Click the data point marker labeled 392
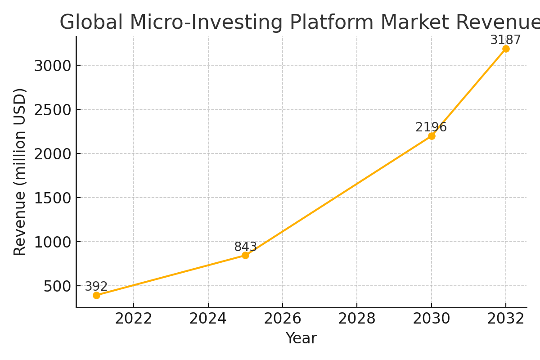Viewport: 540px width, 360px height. click(x=96, y=295)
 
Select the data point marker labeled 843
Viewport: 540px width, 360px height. click(x=245, y=255)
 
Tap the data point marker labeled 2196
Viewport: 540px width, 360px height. click(x=432, y=136)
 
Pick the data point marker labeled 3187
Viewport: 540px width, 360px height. click(x=506, y=49)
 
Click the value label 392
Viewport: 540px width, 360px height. click(x=96, y=287)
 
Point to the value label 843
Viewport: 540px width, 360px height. click(x=245, y=247)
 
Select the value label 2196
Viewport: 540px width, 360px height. click(x=431, y=127)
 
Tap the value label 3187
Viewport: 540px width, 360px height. click(x=505, y=40)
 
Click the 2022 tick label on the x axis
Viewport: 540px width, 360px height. click(x=134, y=319)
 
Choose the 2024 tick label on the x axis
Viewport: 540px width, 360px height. click(x=208, y=319)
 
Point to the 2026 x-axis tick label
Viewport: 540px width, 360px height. click(x=283, y=319)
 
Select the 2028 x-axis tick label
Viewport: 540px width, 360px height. click(x=357, y=319)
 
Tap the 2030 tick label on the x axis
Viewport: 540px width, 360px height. click(x=432, y=319)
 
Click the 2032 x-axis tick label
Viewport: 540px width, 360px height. click(x=506, y=319)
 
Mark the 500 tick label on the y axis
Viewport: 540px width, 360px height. click(x=58, y=286)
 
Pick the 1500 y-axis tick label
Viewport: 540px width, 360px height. click(x=53, y=198)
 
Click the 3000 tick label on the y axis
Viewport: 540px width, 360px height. click(x=53, y=66)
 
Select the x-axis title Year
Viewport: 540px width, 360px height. click(x=301, y=338)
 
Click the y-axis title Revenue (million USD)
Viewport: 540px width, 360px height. click(x=20, y=172)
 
